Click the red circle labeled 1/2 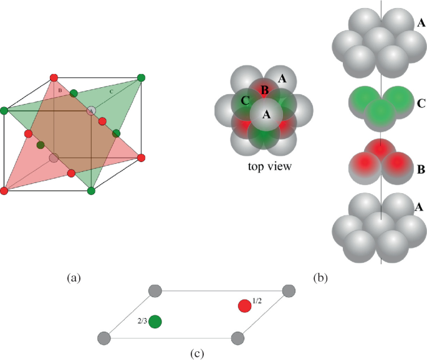[245, 306]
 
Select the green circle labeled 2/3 [155, 321]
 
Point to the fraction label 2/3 [142, 321]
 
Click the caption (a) [74, 278]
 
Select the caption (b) [322, 278]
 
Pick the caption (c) [197, 353]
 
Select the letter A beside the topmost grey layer [421, 24]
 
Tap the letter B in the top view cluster [264, 91]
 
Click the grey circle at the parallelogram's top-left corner [156, 290]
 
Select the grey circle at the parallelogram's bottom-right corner [237, 338]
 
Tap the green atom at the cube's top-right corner [142, 78]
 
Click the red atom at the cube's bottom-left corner [5, 189]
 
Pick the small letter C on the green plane [111, 92]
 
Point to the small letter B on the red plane [59, 91]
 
